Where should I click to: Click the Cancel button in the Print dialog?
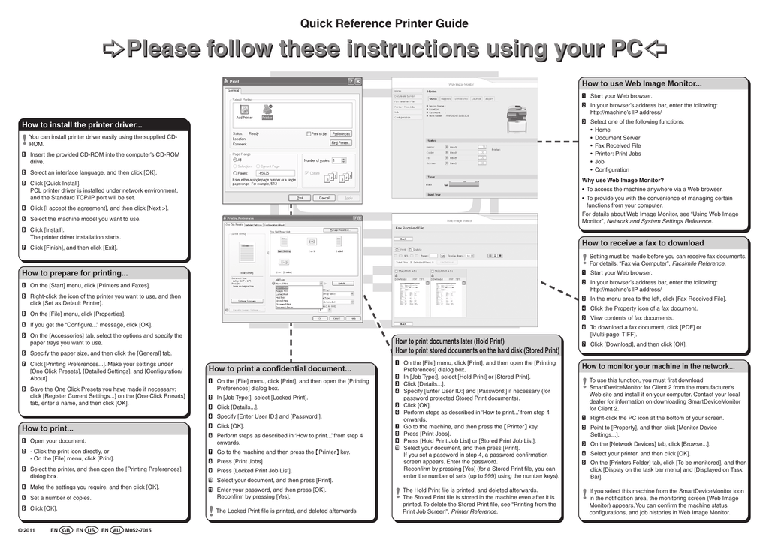pyautogui.click(x=324, y=198)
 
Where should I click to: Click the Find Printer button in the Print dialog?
pyautogui.click(x=340, y=142)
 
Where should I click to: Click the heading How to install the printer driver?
pyautogui.click(x=82, y=125)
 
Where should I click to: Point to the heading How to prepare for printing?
pyautogui.click(x=75, y=273)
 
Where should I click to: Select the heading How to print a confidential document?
pyautogui.click(x=279, y=369)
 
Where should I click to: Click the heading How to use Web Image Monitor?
pyautogui.click(x=641, y=83)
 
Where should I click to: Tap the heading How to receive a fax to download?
pyautogui.click(x=643, y=243)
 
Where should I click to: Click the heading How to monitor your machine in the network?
pyautogui.click(x=658, y=366)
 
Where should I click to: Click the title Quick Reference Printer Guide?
pyautogui.click(x=384, y=23)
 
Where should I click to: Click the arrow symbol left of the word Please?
pyautogui.click(x=113, y=50)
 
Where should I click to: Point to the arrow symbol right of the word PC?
pyautogui.click(x=656, y=50)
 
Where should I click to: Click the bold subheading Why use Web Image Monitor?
pyautogui.click(x=623, y=180)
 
